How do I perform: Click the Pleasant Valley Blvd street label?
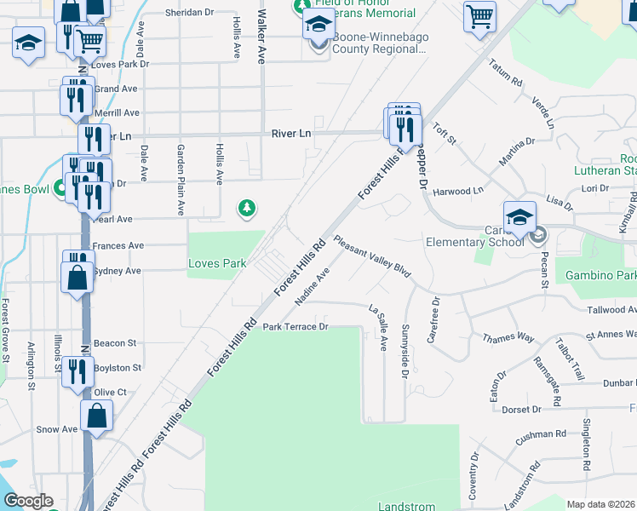372,257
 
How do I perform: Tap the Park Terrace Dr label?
295,327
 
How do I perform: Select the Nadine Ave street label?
312,290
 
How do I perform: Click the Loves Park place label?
217,264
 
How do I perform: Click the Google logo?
28,501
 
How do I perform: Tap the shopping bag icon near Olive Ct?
97,417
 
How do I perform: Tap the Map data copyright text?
600,504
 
